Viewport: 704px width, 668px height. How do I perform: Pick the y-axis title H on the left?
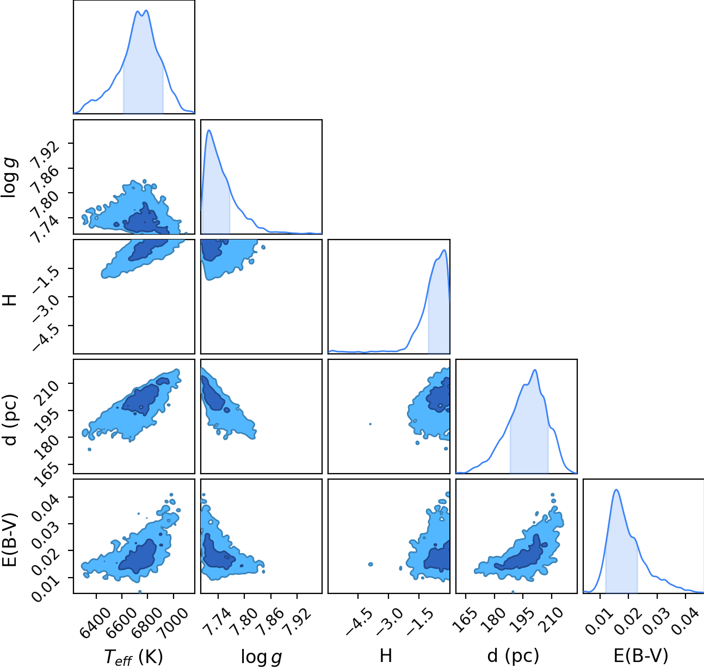[x=10, y=299]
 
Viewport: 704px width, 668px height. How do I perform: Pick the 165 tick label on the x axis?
[x=465, y=618]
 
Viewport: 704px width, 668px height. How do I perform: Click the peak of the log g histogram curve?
[x=209, y=130]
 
